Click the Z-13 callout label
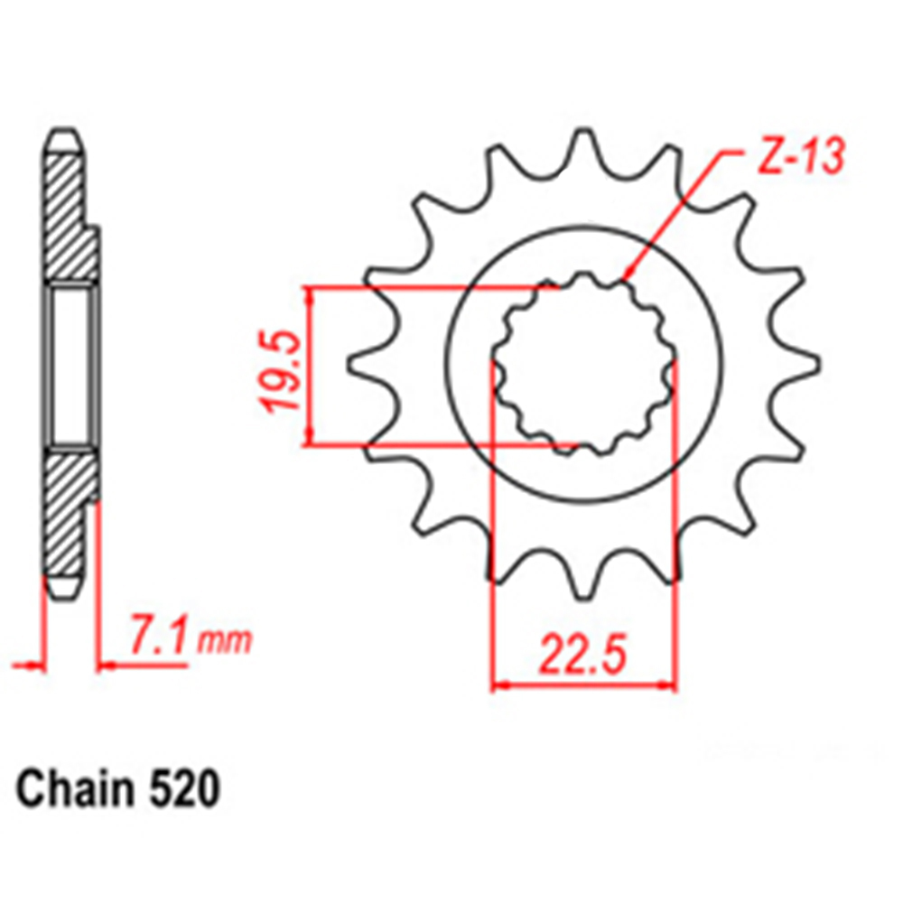801,155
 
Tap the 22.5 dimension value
582,655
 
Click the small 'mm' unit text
225,641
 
